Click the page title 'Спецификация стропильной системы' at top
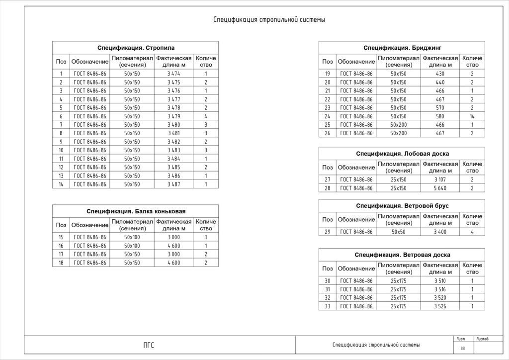pyautogui.click(x=269, y=20)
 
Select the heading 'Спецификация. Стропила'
pyautogui.click(x=135, y=48)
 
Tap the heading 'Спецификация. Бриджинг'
pyautogui.click(x=402, y=48)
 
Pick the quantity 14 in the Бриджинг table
pyautogui.click(x=472, y=116)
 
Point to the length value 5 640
pyautogui.click(x=440, y=188)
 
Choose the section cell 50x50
pyautogui.click(x=398, y=232)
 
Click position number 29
pyautogui.click(x=327, y=232)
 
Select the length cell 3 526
pyautogui.click(x=440, y=306)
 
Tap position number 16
pyautogui.click(x=61, y=246)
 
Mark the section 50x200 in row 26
pyautogui.click(x=398, y=133)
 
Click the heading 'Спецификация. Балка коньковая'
pyautogui.click(x=135, y=211)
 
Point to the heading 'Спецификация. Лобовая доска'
pyautogui.click(x=402, y=154)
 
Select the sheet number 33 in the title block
pyautogui.click(x=462, y=348)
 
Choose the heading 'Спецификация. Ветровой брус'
pyautogui.click(x=402, y=206)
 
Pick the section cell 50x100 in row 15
pyautogui.click(x=132, y=237)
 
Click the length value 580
pyautogui.click(x=440, y=116)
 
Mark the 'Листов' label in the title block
pyautogui.click(x=482, y=339)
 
